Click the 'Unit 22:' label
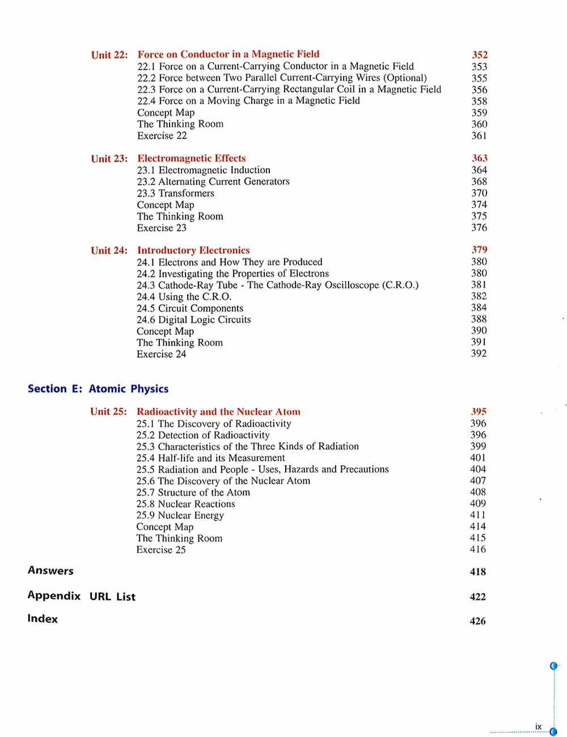109,55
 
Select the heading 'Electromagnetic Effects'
192,159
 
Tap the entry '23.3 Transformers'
176,193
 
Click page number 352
480,55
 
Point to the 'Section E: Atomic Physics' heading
98,389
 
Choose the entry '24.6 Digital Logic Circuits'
194,319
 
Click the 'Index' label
43,619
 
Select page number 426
478,621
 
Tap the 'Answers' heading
50,570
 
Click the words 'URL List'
112,597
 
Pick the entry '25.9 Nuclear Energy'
180,516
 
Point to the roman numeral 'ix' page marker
538,726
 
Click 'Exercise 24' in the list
161,354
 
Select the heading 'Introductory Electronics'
193,250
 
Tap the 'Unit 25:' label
108,412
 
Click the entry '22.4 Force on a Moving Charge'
248,101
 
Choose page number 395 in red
479,412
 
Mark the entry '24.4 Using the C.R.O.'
184,297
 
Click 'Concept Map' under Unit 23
166,205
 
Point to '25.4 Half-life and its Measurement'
210,458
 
